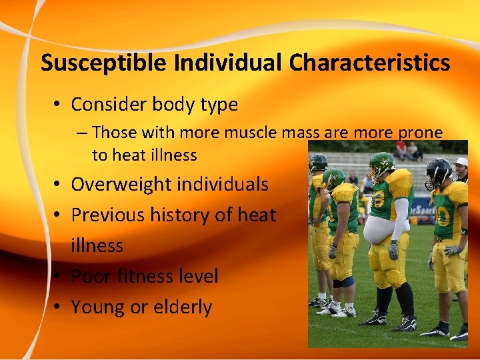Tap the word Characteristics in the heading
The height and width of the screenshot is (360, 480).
(369, 63)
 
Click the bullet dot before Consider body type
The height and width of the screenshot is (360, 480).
(60, 105)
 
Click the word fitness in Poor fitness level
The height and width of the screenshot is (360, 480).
(144, 276)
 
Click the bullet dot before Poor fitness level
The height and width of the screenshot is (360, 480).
(60, 277)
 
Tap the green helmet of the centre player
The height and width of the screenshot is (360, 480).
(382, 162)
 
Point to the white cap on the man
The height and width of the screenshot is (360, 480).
(461, 162)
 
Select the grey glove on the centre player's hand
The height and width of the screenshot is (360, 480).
(393, 249)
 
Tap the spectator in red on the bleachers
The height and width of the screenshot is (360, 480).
(401, 148)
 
